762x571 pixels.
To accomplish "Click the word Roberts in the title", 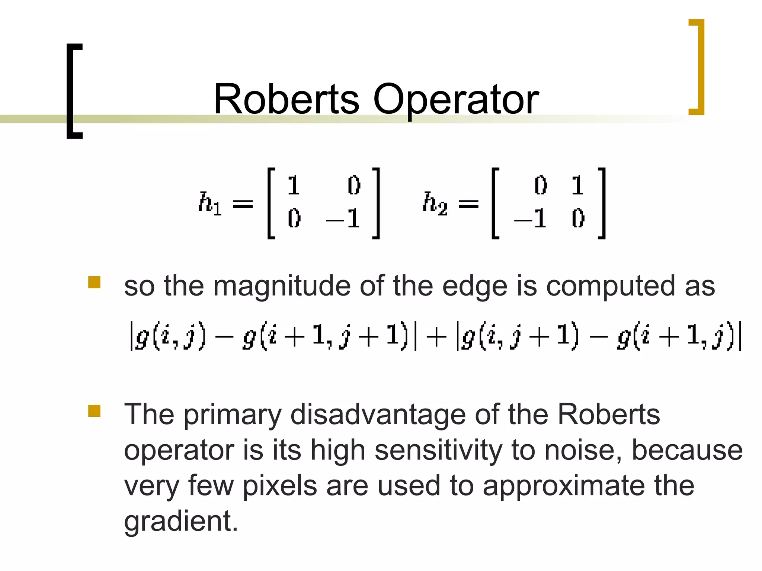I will click(x=286, y=99).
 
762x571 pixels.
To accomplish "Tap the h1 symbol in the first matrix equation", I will click(x=209, y=203).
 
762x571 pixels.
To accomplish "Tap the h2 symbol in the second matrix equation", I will click(x=435, y=203).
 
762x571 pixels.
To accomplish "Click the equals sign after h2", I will click(x=468, y=203).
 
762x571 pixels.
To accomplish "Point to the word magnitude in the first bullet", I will click(x=282, y=287).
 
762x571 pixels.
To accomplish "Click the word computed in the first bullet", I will click(x=610, y=286).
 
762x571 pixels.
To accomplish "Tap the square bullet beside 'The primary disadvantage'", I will click(x=95, y=411).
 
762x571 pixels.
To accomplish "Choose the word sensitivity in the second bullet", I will click(x=438, y=450).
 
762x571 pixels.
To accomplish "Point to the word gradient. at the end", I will click(x=181, y=522).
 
